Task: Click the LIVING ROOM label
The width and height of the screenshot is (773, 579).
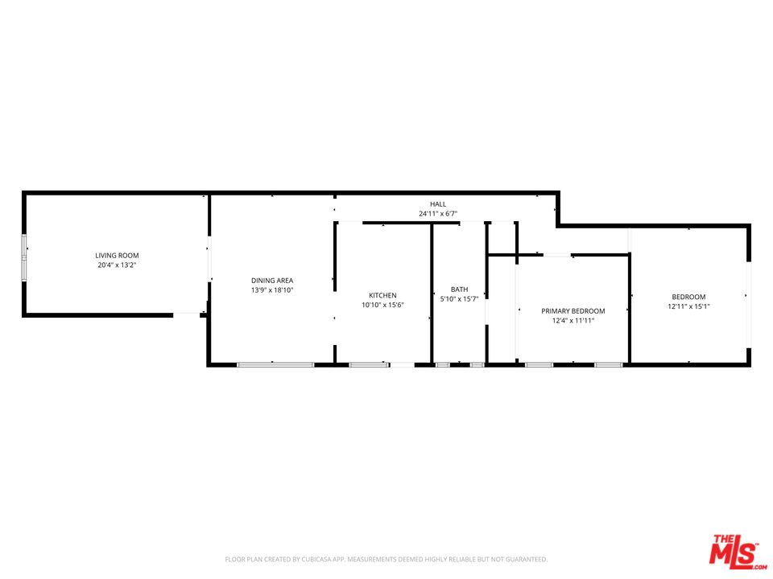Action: click(x=111, y=255)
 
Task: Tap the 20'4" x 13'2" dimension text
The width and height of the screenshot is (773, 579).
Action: click(x=111, y=265)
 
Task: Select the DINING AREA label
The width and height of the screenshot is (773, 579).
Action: click(x=272, y=280)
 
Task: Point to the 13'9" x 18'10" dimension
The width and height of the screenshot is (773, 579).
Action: click(x=272, y=289)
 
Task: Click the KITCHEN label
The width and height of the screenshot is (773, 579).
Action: click(x=382, y=295)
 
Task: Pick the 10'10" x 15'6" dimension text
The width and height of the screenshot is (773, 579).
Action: click(x=382, y=305)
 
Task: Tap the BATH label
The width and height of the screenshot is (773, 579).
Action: click(x=459, y=289)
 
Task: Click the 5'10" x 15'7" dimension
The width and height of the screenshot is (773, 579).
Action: click(x=459, y=299)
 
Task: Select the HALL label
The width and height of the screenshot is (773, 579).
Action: click(x=437, y=204)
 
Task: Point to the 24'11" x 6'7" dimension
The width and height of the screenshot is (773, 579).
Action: click(x=437, y=214)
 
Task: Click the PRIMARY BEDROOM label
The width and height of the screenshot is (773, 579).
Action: click(x=573, y=310)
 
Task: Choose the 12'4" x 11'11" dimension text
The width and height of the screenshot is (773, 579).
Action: click(x=573, y=320)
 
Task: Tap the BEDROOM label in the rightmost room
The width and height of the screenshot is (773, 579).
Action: click(x=688, y=297)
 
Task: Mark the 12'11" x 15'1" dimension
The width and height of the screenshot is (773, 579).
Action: click(x=688, y=306)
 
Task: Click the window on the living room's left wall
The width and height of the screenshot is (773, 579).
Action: click(x=24, y=257)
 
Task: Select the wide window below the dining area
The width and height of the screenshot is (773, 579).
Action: click(x=275, y=365)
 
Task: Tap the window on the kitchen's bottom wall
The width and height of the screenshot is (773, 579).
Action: click(x=368, y=365)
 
